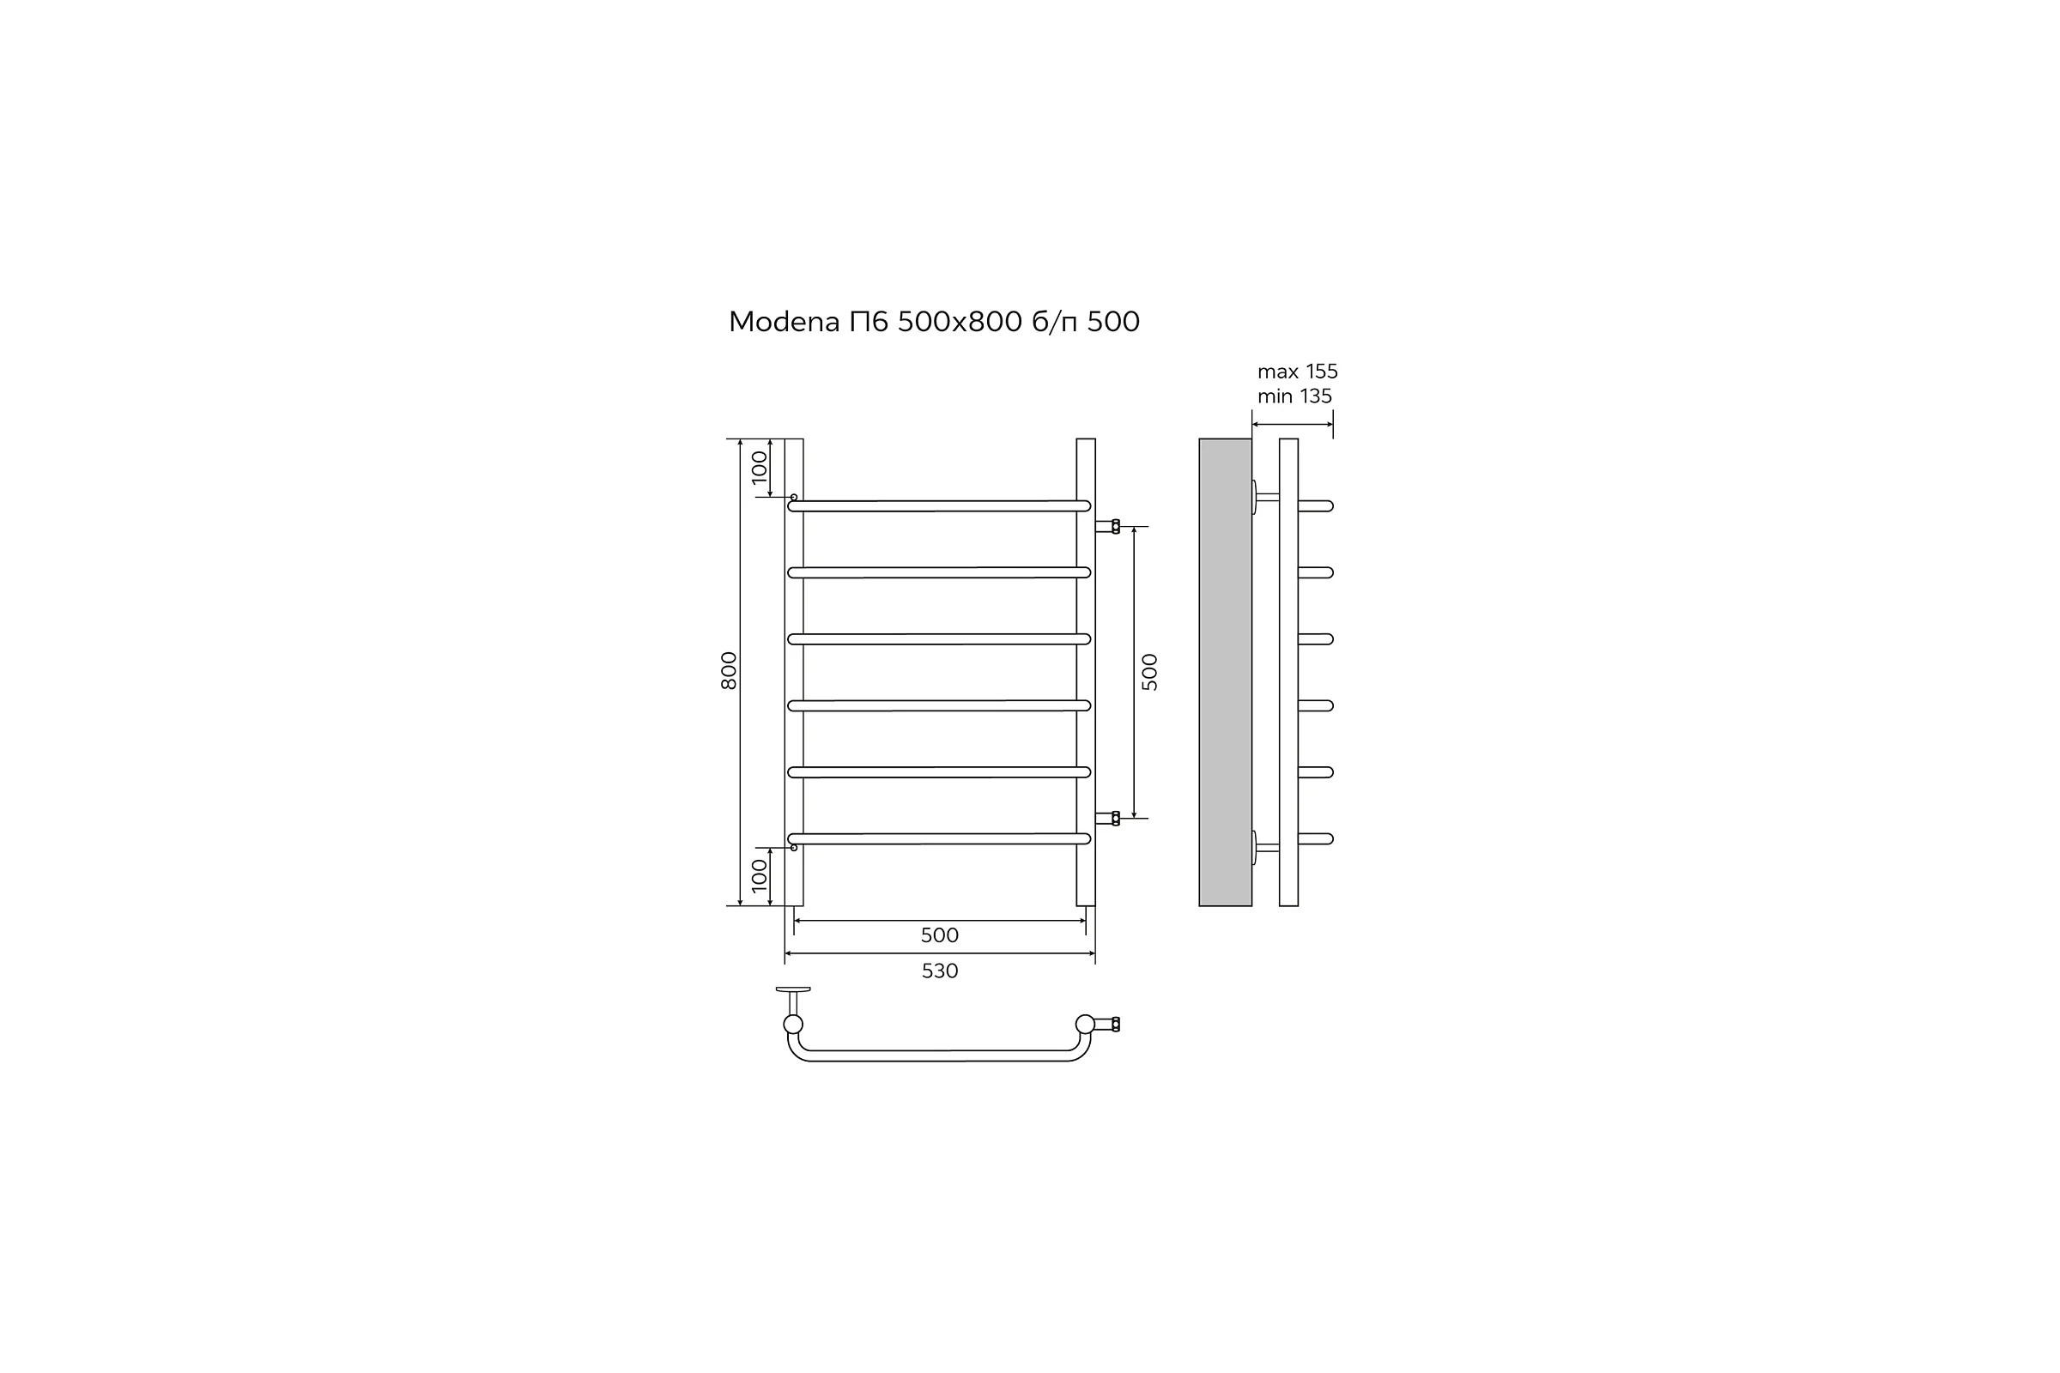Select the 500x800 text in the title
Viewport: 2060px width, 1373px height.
pos(960,323)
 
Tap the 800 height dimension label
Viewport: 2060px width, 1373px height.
pos(729,671)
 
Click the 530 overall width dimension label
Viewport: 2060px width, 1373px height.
pos(940,971)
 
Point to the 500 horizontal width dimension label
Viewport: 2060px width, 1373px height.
pos(940,935)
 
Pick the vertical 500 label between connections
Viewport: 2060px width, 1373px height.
pos(1150,673)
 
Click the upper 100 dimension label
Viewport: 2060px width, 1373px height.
pos(760,467)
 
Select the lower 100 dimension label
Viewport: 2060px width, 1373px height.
pos(760,874)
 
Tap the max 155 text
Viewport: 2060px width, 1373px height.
pos(1298,372)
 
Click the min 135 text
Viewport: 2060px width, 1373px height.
pos(1294,396)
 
